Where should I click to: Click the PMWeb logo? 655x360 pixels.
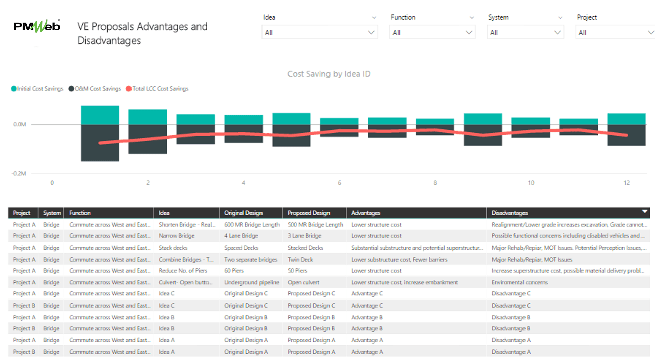click(37, 26)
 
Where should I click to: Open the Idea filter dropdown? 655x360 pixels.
click(319, 33)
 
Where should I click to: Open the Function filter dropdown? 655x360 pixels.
click(432, 33)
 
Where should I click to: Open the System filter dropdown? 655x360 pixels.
click(526, 33)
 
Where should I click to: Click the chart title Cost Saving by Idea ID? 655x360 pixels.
click(329, 74)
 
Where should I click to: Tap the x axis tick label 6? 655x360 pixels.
click(340, 183)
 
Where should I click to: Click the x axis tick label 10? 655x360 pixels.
click(531, 183)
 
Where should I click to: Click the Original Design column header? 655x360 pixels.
click(243, 213)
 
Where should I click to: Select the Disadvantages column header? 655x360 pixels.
click(509, 213)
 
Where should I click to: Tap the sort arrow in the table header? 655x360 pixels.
click(644, 212)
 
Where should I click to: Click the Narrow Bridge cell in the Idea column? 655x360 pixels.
click(176, 236)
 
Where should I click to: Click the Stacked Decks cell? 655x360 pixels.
click(305, 248)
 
